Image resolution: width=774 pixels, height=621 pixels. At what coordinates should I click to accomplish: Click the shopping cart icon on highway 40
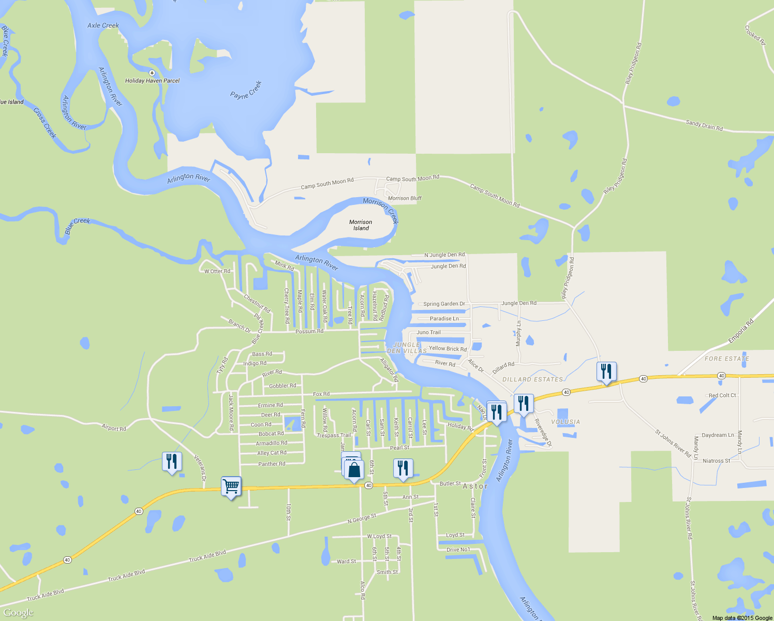pyautogui.click(x=231, y=486)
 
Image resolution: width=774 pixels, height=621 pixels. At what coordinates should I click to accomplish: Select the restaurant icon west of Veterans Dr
pyautogui.click(x=172, y=462)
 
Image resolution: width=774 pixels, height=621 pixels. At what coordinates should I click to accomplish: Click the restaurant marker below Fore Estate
pyautogui.click(x=606, y=372)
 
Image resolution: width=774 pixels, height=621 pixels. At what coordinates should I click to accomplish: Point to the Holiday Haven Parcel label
pyautogui.click(x=152, y=81)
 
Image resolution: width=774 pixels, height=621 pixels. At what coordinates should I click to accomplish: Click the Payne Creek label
pyautogui.click(x=246, y=90)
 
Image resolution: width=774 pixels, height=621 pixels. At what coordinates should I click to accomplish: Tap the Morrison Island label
pyautogui.click(x=361, y=225)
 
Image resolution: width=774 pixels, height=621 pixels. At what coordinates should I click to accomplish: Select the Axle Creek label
pyautogui.click(x=103, y=25)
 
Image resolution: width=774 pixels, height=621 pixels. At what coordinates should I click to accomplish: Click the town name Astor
pyautogui.click(x=475, y=486)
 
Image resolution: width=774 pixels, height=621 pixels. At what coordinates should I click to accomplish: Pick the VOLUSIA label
pyautogui.click(x=565, y=422)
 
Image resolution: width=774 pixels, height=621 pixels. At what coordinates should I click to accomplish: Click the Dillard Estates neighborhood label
pyautogui.click(x=532, y=379)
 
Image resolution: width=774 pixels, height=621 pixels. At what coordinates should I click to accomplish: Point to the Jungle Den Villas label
pyautogui.click(x=407, y=348)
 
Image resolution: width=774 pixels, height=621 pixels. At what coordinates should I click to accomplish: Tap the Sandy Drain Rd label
pyautogui.click(x=704, y=125)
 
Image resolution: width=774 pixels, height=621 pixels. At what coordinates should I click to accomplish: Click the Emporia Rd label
pyautogui.click(x=741, y=331)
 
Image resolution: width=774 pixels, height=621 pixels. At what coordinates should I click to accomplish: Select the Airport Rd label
pyautogui.click(x=114, y=428)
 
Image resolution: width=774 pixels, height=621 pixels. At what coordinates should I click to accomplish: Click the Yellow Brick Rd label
pyautogui.click(x=448, y=349)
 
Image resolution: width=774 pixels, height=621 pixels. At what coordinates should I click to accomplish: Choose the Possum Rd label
pyautogui.click(x=309, y=331)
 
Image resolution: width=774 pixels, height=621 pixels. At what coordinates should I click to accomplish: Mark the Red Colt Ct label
pyautogui.click(x=722, y=395)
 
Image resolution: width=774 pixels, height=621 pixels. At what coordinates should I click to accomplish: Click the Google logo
pyautogui.click(x=18, y=613)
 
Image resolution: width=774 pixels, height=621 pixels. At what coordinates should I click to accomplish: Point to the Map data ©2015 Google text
pyautogui.click(x=742, y=617)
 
